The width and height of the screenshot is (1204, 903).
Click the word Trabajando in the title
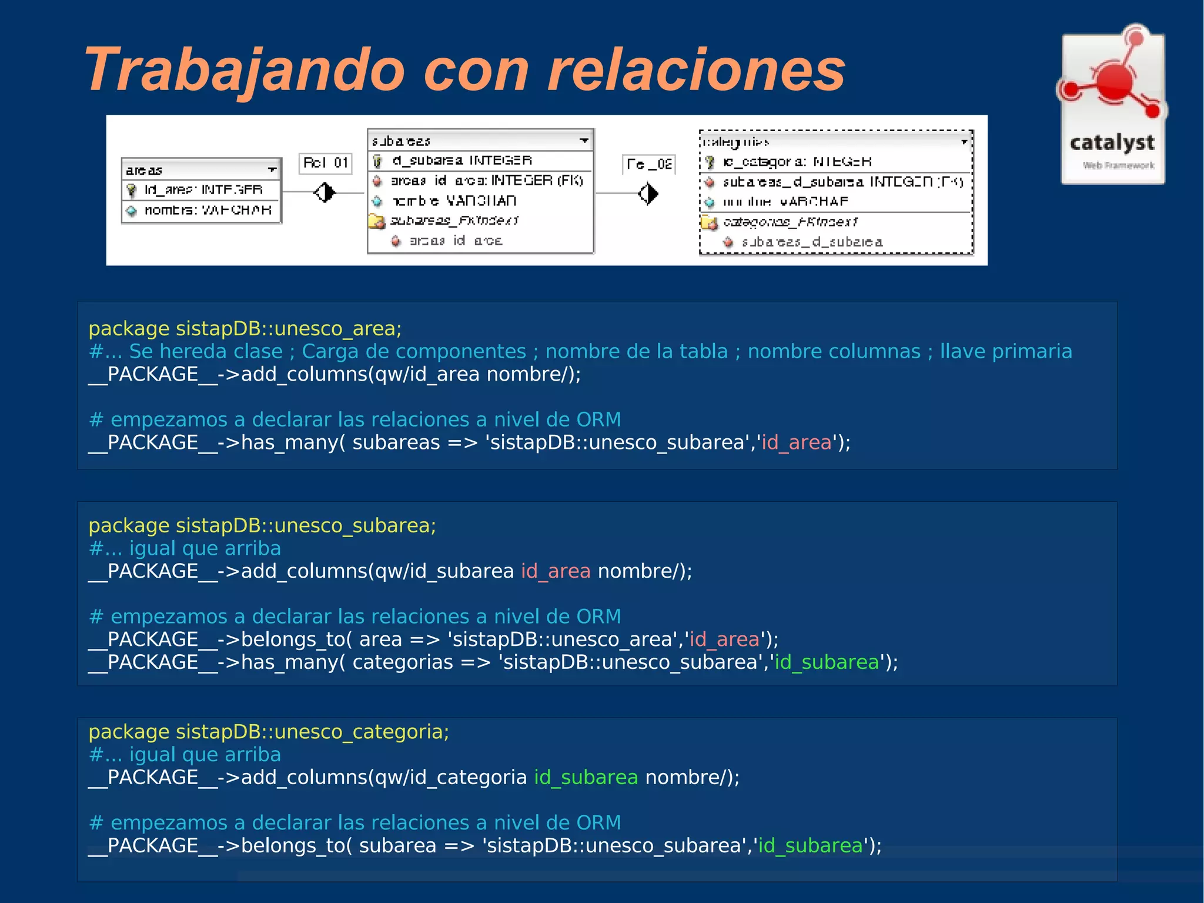pyautogui.click(x=244, y=71)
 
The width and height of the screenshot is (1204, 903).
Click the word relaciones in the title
pyautogui.click(x=696, y=71)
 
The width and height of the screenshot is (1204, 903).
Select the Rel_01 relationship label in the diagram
pyautogui.click(x=326, y=162)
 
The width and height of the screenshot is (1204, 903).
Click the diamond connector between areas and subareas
pyautogui.click(x=325, y=192)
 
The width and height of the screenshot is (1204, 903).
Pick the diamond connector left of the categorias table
pyautogui.click(x=648, y=194)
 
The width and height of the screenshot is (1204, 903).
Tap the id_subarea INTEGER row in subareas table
pyautogui.click(x=462, y=160)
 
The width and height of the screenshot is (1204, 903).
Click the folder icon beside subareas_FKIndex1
pyautogui.click(x=376, y=221)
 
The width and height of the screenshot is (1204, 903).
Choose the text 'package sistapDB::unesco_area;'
pyautogui.click(x=245, y=328)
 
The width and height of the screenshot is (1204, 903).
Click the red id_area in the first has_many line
pyautogui.click(x=797, y=442)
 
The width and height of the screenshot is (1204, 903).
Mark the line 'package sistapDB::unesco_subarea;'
pyautogui.click(x=262, y=525)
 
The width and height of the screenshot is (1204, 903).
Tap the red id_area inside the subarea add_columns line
pyautogui.click(x=556, y=571)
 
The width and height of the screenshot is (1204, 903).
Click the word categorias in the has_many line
pyautogui.click(x=403, y=662)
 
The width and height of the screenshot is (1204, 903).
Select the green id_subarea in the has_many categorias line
pyautogui.click(x=827, y=662)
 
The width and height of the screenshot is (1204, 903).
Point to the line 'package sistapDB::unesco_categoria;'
pyautogui.click(x=269, y=732)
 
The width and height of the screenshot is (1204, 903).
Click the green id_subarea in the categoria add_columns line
pyautogui.click(x=586, y=778)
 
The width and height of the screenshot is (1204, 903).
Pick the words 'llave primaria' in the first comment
pyautogui.click(x=1006, y=351)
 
